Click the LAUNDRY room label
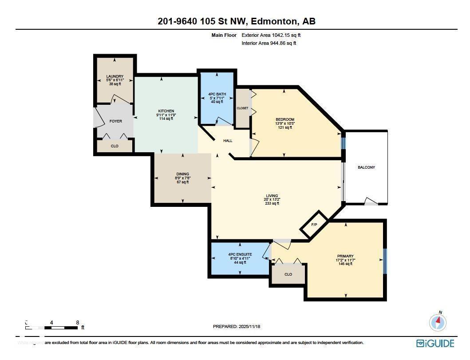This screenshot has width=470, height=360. click(x=115, y=76)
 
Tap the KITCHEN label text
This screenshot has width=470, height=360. click(x=166, y=111)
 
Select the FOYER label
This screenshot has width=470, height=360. click(x=115, y=121)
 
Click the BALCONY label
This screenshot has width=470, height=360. click(x=366, y=167)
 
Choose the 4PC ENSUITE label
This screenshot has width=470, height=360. click(x=240, y=254)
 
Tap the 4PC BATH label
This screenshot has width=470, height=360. click(x=217, y=94)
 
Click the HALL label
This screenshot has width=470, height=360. click(x=228, y=141)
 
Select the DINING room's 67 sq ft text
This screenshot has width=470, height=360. click(x=182, y=182)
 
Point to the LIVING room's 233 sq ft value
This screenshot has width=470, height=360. click(x=272, y=203)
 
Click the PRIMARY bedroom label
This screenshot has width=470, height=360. click(x=345, y=256)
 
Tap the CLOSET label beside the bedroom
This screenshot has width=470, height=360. click(x=242, y=108)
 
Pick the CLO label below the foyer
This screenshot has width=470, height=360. click(x=115, y=146)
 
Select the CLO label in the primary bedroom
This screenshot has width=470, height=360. click(x=288, y=274)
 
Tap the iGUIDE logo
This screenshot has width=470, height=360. click(x=435, y=343)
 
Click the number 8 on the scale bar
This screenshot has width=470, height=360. click(x=78, y=323)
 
